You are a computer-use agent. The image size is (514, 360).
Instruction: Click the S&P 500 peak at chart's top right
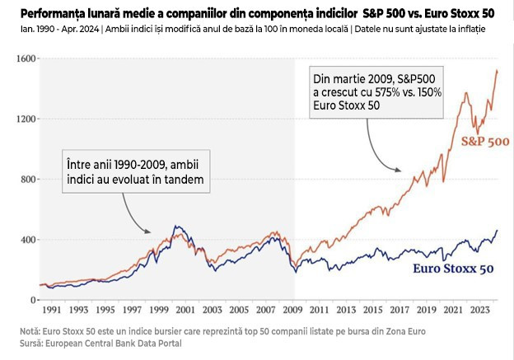click(497, 71)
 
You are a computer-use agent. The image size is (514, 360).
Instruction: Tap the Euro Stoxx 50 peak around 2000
click(175, 226)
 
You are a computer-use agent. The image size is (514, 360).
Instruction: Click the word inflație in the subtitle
click(468, 29)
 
